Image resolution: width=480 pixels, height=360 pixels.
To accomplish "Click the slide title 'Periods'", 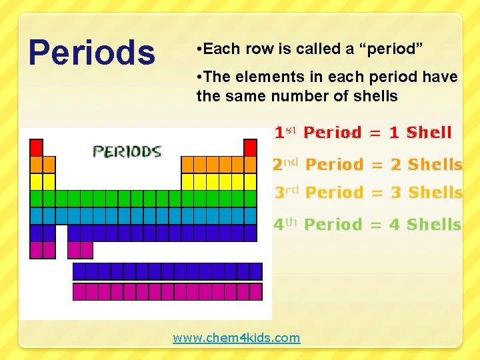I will click(x=91, y=53).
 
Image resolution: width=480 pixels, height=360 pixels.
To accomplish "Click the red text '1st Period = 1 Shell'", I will click(x=363, y=133).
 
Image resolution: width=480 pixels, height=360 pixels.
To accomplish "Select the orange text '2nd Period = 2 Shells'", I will click(x=367, y=164).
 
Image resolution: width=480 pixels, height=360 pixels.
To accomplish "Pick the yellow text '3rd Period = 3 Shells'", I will click(x=369, y=193).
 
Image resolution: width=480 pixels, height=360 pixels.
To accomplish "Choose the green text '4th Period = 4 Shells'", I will click(x=367, y=225).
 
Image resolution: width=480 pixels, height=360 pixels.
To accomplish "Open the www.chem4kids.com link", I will click(x=237, y=338).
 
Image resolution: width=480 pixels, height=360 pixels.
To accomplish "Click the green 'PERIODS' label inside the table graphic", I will click(x=127, y=151).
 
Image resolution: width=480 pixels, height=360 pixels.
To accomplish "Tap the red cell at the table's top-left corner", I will click(x=37, y=147).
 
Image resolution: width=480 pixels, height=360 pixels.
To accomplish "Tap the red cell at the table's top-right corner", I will click(x=250, y=147).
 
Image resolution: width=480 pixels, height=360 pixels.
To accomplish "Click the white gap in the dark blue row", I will click(x=61, y=233).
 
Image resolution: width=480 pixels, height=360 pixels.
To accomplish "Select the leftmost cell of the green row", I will click(x=37, y=199).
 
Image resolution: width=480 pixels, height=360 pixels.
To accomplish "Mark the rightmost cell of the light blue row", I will click(x=250, y=216).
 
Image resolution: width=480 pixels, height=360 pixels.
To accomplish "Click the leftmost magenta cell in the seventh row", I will click(x=37, y=250).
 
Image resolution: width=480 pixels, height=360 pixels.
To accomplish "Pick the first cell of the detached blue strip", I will click(x=79, y=271).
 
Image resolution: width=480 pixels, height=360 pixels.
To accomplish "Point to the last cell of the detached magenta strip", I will click(x=255, y=292).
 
